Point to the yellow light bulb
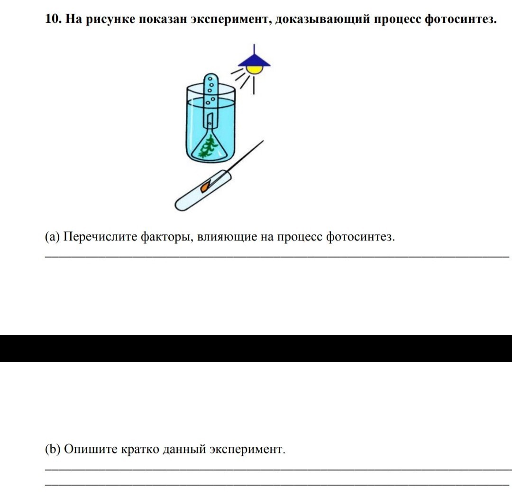tap(255, 70)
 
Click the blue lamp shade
tap(254, 60)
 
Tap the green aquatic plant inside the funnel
tap(209, 147)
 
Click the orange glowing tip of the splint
tap(205, 187)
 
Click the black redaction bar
tap(256, 348)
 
